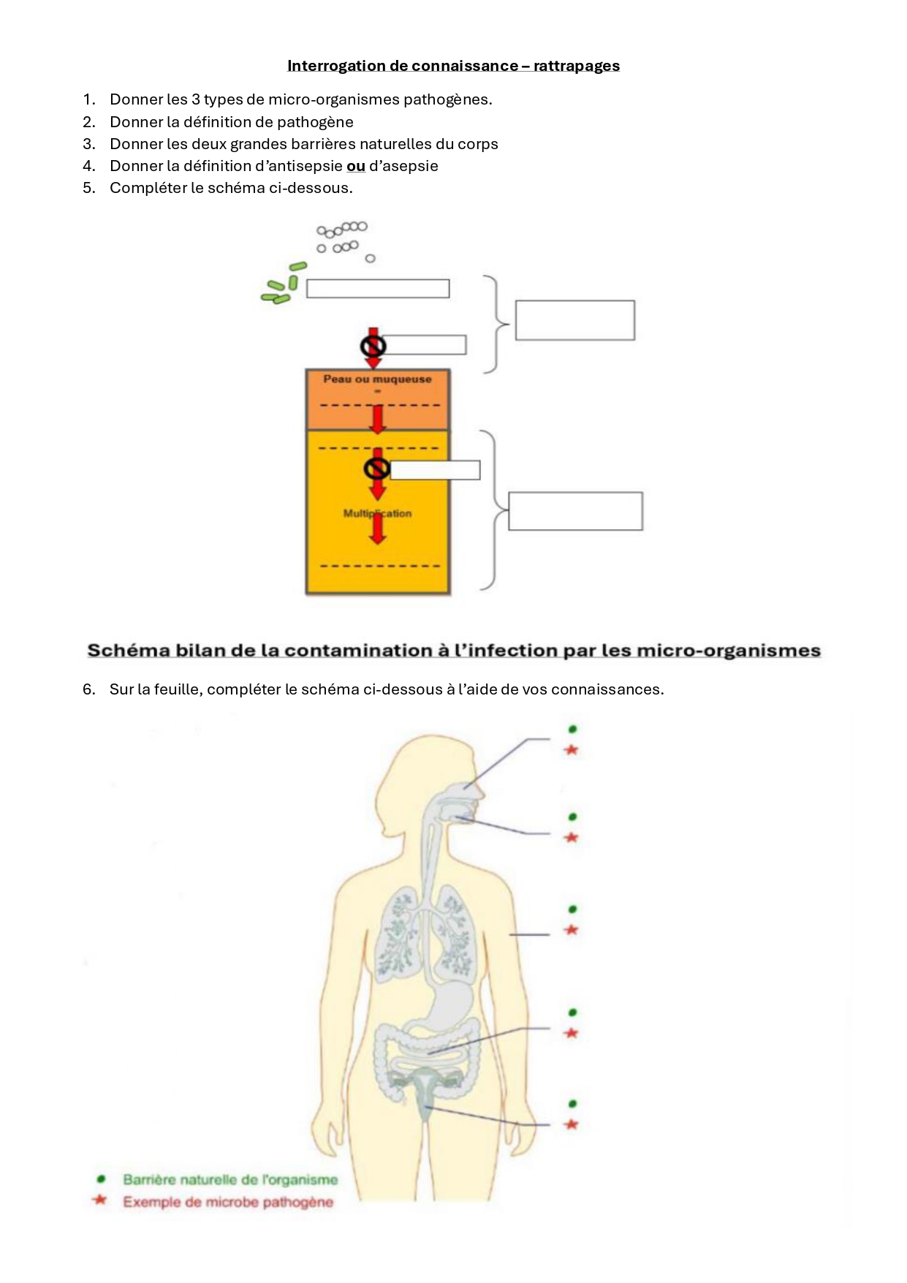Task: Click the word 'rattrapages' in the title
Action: [x=576, y=66]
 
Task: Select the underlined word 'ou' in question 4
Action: [x=356, y=166]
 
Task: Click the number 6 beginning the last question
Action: [x=88, y=689]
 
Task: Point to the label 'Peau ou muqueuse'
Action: [x=377, y=379]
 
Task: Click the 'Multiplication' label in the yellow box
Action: [x=377, y=513]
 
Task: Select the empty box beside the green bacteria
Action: [x=377, y=289]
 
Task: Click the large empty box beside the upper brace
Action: [x=574, y=320]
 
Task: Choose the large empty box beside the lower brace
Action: [x=575, y=511]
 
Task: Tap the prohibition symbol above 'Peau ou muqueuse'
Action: [x=373, y=345]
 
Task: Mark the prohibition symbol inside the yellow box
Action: [x=377, y=469]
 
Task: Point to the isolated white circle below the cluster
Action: [x=370, y=259]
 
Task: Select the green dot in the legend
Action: [x=101, y=1178]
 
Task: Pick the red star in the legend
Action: [x=100, y=1200]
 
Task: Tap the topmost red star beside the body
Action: [x=572, y=750]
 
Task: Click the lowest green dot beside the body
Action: [x=573, y=1103]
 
